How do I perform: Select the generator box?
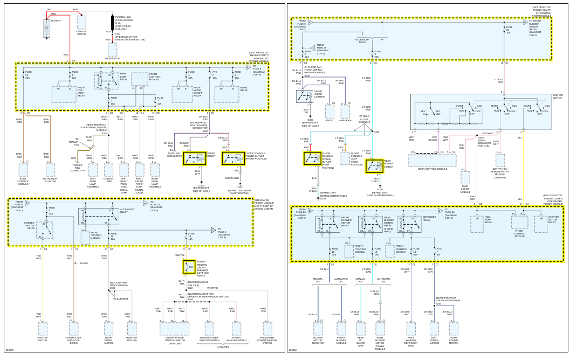tap(112, 49)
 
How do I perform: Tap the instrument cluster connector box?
tap(50, 170)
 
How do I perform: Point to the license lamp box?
tap(108, 170)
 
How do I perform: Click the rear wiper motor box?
tap(108, 328)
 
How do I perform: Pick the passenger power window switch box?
tap(267, 328)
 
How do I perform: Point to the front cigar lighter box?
tap(305, 96)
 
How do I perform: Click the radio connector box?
tap(329, 111)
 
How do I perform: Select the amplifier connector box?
tap(346, 111)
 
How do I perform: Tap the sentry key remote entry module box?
tap(500, 160)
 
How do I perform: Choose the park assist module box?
tap(465, 178)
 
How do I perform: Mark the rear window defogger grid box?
tap(411, 328)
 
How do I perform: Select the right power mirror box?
tap(454, 328)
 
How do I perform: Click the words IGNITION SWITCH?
tap(557, 97)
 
